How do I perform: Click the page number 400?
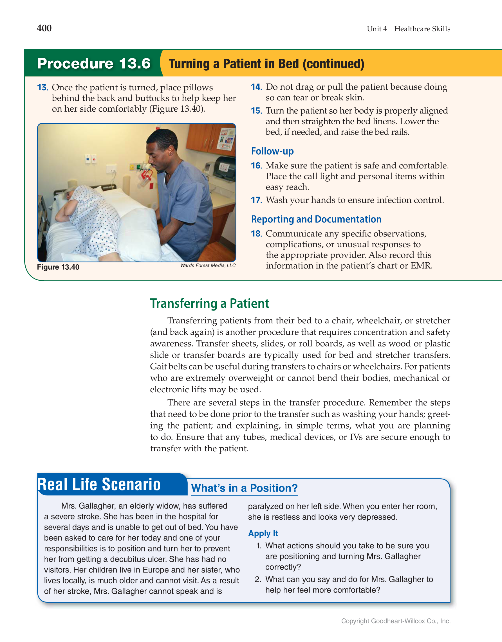point(44,28)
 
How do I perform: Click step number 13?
point(42,88)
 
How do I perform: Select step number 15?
point(256,111)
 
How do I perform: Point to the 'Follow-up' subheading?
point(272,151)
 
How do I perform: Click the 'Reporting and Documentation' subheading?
point(316,219)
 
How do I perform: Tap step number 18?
point(256,234)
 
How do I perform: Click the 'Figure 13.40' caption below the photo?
point(58,267)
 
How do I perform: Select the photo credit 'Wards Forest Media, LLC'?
point(208,266)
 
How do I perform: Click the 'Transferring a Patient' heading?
point(209,303)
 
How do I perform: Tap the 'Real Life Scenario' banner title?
point(99,485)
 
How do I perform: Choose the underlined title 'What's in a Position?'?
point(244,488)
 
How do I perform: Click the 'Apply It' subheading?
point(263,533)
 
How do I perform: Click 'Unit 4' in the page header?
point(376,29)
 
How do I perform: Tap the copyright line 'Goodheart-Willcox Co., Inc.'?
point(411,621)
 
